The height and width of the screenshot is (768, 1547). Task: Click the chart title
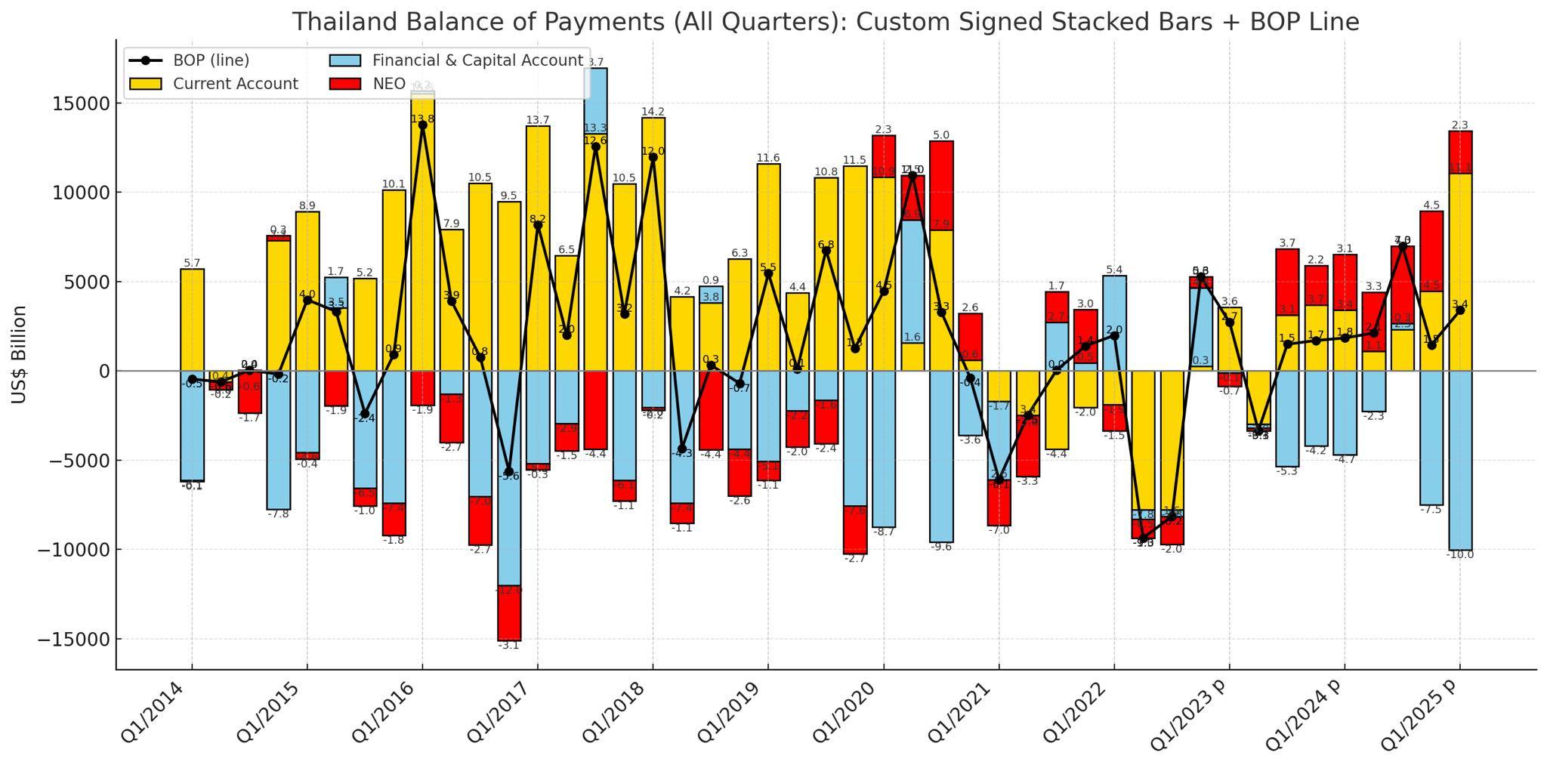(x=825, y=22)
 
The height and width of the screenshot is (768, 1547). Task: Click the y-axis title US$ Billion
(x=20, y=354)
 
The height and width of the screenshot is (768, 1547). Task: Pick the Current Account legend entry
(x=235, y=84)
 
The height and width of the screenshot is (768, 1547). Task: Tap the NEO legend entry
(x=388, y=84)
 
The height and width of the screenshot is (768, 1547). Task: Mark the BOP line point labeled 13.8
(x=422, y=125)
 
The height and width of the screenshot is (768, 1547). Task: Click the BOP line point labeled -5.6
(x=509, y=471)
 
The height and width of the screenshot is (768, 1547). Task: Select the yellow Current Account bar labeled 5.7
(x=192, y=319)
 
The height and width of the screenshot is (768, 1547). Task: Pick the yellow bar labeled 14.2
(x=653, y=243)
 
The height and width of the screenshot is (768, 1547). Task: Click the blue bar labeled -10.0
(x=1459, y=460)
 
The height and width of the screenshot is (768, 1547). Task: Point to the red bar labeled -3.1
(x=509, y=612)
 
